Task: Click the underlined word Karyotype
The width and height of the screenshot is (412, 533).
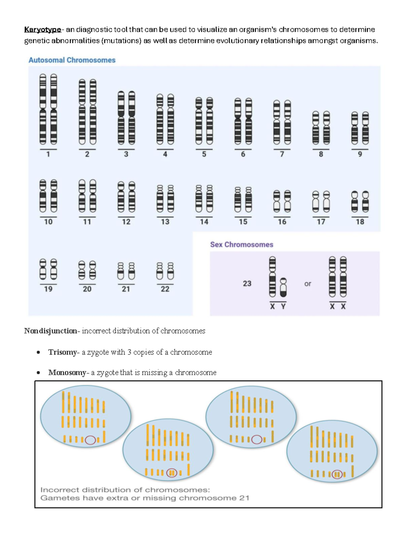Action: click(43, 30)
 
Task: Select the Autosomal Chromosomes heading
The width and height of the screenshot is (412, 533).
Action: click(72, 60)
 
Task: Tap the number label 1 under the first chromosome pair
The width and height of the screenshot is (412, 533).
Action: click(48, 154)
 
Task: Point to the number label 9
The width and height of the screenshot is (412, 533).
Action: click(360, 154)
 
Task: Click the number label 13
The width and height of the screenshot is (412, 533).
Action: click(165, 222)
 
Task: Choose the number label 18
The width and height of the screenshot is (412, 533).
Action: click(360, 222)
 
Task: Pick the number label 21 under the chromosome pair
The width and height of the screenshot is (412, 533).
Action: click(126, 289)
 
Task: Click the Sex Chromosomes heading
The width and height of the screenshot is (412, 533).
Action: click(241, 244)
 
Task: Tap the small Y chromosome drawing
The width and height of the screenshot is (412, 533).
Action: click(283, 288)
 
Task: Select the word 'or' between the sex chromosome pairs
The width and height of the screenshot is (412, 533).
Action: click(308, 284)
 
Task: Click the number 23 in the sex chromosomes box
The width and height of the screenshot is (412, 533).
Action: click(247, 283)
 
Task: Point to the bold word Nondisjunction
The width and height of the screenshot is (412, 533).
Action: click(50, 331)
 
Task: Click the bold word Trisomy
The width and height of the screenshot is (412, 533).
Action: click(62, 352)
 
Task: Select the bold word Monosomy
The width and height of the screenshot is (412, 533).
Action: click(67, 372)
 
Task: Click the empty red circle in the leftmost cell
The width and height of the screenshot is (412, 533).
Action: click(90, 440)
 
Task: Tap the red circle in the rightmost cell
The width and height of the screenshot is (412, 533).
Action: click(337, 474)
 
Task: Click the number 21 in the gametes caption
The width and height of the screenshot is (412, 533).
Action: click(244, 498)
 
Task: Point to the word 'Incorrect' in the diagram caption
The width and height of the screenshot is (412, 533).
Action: click(59, 490)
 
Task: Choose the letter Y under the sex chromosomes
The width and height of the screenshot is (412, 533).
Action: click(283, 306)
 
